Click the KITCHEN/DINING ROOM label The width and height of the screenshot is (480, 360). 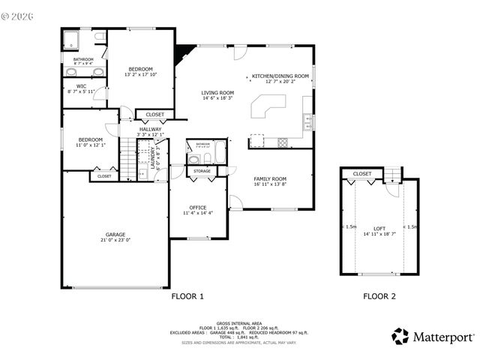(x=280, y=76)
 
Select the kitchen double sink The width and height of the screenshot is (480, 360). (x=307, y=121)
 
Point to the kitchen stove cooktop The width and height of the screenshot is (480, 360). (x=283, y=142)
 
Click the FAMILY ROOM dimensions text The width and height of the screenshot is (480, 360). (x=270, y=184)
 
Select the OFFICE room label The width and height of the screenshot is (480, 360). (x=198, y=208)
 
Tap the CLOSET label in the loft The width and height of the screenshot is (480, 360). (x=362, y=174)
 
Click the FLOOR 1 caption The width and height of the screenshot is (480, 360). (x=187, y=296)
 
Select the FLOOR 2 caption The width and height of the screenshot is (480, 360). (x=379, y=296)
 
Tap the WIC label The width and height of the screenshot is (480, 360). (x=71, y=86)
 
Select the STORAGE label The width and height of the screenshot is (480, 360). (x=202, y=172)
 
